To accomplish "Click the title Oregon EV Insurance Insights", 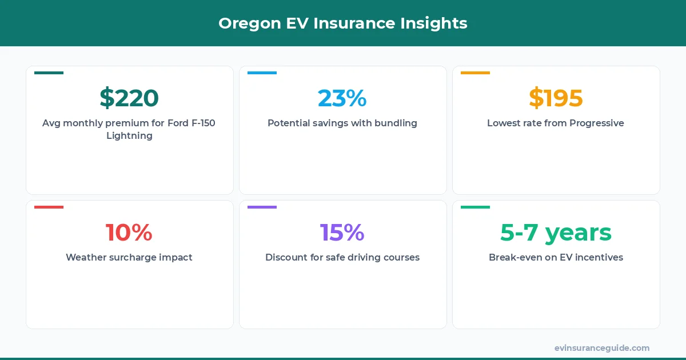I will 342,23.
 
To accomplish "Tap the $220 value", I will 129,98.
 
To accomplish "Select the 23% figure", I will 342,98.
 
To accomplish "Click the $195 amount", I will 556,98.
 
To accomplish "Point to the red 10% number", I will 129,233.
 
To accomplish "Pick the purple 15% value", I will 342,233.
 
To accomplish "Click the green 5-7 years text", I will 556,233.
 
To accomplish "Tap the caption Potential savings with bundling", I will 342,123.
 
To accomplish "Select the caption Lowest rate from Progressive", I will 556,123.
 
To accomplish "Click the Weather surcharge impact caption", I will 129,257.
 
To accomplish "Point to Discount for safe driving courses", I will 342,257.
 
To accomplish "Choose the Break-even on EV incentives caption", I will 556,257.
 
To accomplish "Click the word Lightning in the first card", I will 129,136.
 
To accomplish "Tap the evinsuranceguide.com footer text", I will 601,348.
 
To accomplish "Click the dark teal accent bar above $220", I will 49,73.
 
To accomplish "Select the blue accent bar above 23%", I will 262,73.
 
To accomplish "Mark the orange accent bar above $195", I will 475,73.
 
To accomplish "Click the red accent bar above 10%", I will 49,207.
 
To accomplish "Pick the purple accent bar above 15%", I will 262,207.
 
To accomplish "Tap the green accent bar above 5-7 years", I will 475,207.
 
